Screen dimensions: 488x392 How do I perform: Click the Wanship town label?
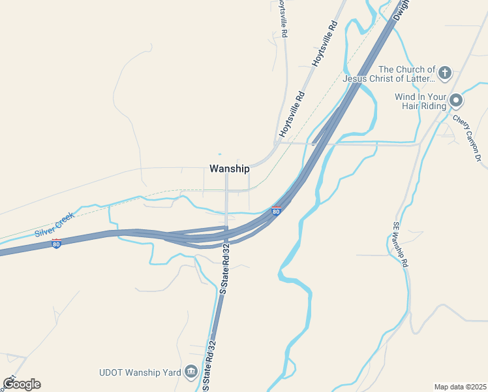229,169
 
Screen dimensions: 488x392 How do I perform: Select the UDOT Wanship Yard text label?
140,372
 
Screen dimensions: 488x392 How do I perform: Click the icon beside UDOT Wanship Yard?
191,372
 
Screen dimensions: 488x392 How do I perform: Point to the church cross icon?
445,73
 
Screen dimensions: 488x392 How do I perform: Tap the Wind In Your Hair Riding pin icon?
455,101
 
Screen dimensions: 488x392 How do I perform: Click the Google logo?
22,384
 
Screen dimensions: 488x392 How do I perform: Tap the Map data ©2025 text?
460,387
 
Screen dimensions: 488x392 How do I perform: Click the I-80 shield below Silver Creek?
57,244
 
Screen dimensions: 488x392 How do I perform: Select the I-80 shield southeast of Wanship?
277,211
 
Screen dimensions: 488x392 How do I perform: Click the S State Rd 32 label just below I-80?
226,270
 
